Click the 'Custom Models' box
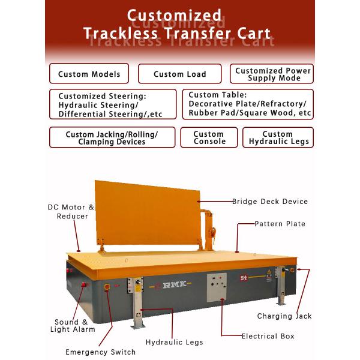pos(89,73)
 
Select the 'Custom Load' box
pos(180,74)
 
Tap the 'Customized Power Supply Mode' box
pos(272,74)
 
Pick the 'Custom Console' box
pos(209,137)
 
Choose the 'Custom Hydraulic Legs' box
pos(278,137)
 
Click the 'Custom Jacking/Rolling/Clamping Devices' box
pos(112,137)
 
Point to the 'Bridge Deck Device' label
pos(270,202)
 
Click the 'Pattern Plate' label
pos(280,224)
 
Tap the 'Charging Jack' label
pos(284,316)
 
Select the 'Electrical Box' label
pos(268,337)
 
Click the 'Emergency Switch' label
pos(101,352)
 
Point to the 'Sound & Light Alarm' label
pos(73,326)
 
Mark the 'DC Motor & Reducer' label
pos(71,212)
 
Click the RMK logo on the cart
pos(175,284)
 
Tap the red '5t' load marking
pos(244,278)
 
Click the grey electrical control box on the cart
pos(217,287)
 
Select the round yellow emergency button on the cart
pos(107,287)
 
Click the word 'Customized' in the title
pos(174,16)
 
